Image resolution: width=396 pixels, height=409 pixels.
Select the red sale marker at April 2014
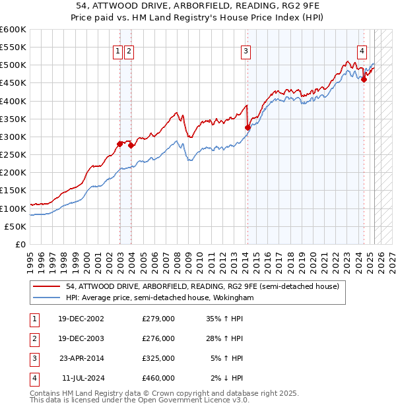click(247, 128)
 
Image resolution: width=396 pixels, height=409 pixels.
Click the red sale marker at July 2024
click(364, 79)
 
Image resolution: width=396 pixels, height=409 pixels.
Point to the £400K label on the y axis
click(13, 101)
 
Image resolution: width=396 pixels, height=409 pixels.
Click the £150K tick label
click(13, 190)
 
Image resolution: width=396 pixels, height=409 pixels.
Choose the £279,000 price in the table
click(158, 319)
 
